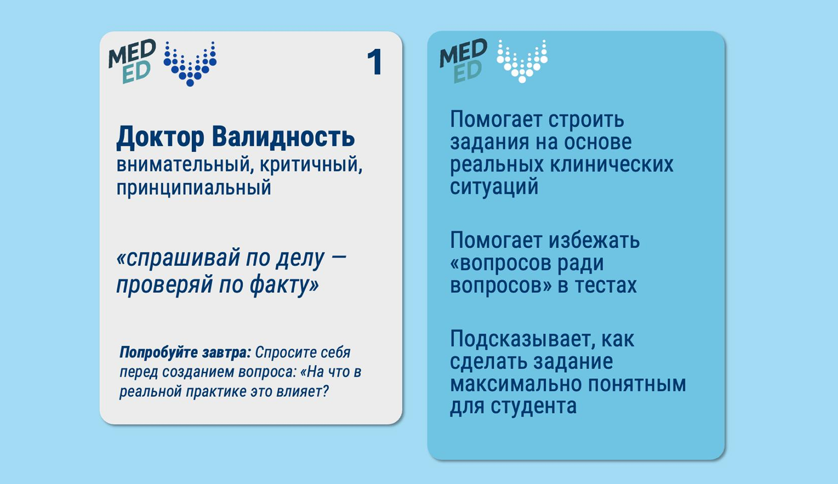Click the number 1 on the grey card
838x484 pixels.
tap(375, 62)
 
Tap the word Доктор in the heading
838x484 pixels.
tap(160, 138)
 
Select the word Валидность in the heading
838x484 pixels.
tap(283, 137)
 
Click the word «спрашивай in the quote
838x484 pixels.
tap(178, 258)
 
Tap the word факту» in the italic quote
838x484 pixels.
tap(284, 284)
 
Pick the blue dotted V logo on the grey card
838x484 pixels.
tap(190, 63)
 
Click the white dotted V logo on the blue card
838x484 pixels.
tap(522, 61)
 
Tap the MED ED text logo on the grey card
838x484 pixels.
tap(132, 61)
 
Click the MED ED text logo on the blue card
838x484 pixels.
tap(463, 61)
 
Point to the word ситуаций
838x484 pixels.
tap(494, 187)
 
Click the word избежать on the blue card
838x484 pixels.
tap(595, 240)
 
